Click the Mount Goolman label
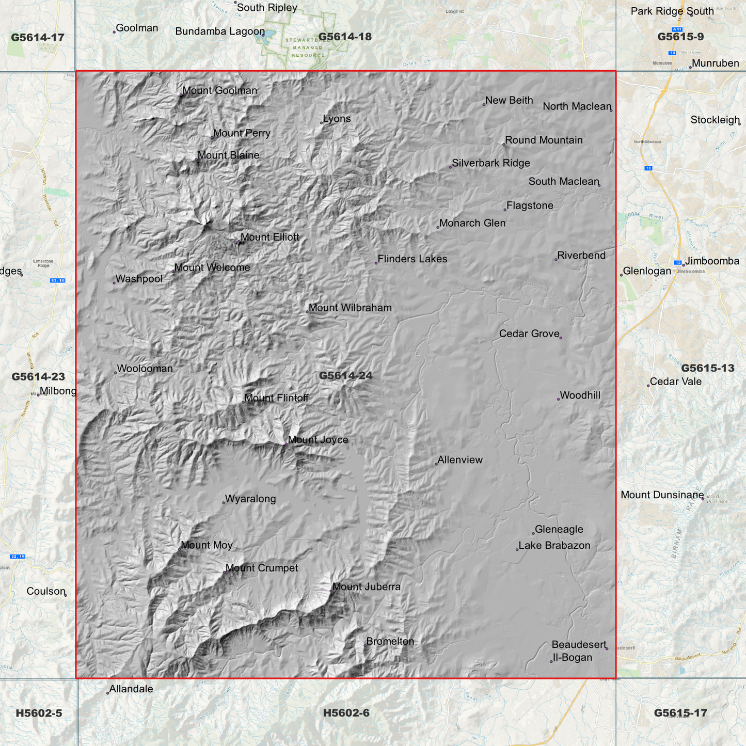pos(219,91)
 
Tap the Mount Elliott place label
pos(269,237)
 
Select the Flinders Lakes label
pos(412,259)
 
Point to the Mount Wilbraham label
pos(350,308)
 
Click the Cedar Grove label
pos(529,334)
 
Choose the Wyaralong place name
pos(250,499)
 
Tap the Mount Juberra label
pos(366,587)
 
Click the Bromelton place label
pos(390,642)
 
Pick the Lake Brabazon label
pos(554,546)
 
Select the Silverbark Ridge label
pos(490,164)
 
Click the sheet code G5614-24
pos(345,376)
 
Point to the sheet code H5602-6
pos(346,713)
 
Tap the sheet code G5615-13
pos(707,369)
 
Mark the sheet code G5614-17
pos(37,38)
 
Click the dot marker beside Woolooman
pos(115,373)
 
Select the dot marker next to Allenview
pos(436,464)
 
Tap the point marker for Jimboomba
pos(684,265)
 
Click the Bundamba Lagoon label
pos(220,31)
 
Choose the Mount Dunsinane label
pos(662,495)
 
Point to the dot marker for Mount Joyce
pos(287,444)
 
